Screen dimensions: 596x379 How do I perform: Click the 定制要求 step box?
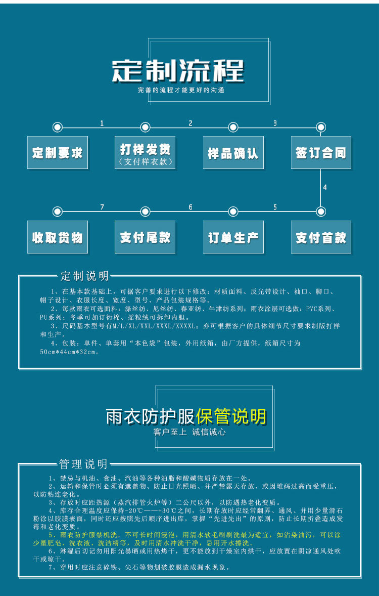click(x=57, y=152)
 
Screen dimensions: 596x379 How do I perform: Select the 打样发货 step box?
click(x=145, y=152)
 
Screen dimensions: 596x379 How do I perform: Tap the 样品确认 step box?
click(x=233, y=152)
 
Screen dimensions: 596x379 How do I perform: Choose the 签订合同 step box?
click(x=321, y=152)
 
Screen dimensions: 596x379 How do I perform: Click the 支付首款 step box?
click(x=321, y=237)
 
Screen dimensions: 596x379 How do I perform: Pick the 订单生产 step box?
click(x=233, y=237)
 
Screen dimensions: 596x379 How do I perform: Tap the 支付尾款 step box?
click(x=145, y=237)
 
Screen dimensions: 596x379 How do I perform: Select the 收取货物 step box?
click(x=57, y=237)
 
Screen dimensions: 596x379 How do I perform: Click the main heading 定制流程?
click(x=178, y=71)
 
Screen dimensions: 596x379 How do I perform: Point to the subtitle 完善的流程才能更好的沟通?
click(x=181, y=90)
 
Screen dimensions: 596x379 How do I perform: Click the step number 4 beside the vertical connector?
click(x=325, y=187)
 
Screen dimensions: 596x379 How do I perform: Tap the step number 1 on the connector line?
click(x=102, y=123)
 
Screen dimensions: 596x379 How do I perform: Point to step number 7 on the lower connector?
click(x=102, y=207)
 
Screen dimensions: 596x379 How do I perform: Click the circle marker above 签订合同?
click(x=320, y=127)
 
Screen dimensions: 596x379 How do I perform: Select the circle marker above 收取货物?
click(x=57, y=211)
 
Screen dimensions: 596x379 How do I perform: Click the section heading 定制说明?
click(x=84, y=276)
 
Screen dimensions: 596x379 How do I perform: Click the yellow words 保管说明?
click(x=231, y=416)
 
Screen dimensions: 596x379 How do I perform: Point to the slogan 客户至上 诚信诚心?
click(x=189, y=432)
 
